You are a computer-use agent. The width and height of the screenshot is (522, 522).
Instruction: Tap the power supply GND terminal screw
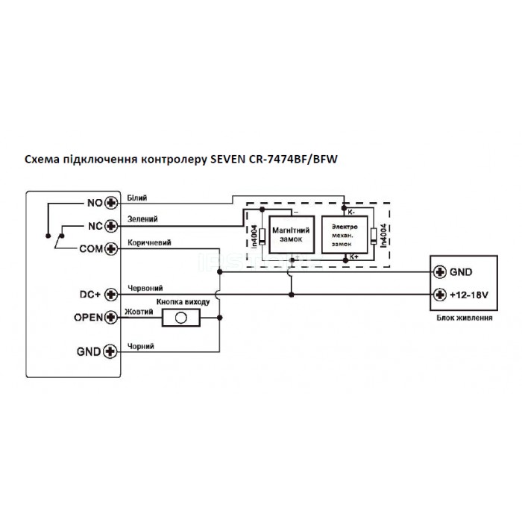click(440, 271)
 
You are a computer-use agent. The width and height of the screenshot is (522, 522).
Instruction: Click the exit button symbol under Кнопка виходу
click(180, 317)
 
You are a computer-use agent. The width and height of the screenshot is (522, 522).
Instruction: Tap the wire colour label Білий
click(138, 197)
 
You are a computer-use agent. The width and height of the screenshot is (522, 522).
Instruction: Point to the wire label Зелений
click(142, 220)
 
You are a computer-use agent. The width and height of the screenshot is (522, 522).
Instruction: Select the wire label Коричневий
click(149, 242)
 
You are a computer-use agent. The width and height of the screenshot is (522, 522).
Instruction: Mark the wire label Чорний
click(140, 345)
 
